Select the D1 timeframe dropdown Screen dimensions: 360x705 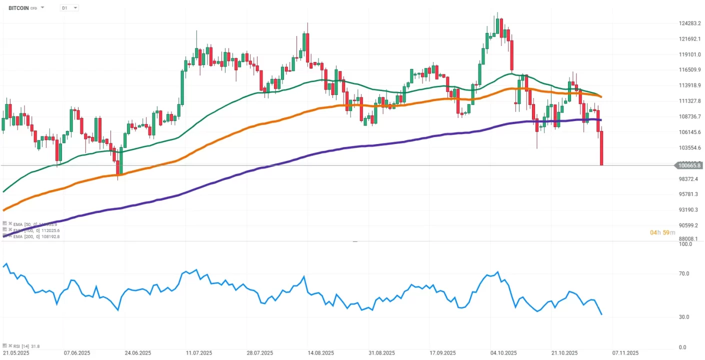tap(68, 8)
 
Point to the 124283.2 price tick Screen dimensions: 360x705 tap(690, 23)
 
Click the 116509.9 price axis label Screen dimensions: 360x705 tap(690, 70)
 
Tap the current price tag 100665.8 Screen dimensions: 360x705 tap(689, 165)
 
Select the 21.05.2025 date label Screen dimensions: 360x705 tap(15, 353)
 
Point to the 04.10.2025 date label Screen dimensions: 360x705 tap(503, 353)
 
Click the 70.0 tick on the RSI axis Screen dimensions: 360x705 tap(683, 273)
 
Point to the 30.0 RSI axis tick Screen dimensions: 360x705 tap(683, 317)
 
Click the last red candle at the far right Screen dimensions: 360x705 tap(601, 148)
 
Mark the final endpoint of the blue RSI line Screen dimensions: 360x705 tap(601, 314)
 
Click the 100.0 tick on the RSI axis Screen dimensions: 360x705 tap(685, 244)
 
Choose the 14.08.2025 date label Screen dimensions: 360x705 tap(320, 353)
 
